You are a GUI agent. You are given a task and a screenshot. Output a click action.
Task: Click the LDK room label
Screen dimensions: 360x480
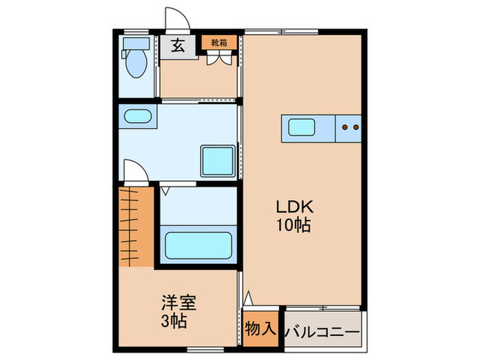[294, 206]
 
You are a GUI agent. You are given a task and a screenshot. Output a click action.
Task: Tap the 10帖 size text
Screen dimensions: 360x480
[294, 224]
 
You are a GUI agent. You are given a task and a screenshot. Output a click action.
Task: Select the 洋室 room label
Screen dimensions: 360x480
[176, 302]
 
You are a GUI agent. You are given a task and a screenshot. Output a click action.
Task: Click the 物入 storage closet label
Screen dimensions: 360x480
[260, 328]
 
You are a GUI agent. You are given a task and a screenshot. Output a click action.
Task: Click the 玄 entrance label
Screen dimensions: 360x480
[177, 47]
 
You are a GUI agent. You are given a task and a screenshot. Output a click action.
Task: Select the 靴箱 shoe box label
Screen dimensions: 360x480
[219, 41]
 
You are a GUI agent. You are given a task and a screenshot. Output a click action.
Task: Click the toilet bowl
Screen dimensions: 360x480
[136, 64]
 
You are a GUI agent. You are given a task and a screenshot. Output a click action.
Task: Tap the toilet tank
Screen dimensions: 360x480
[132, 43]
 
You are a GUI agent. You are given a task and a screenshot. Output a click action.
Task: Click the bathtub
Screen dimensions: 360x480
[198, 245]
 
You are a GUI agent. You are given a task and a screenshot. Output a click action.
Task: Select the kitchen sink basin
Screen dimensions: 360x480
[301, 128]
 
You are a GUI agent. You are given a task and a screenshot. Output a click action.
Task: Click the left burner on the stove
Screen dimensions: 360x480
[346, 127]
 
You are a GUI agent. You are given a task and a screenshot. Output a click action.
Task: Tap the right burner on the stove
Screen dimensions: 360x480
[356, 127]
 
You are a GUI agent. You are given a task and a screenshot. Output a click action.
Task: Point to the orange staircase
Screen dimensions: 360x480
[134, 226]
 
